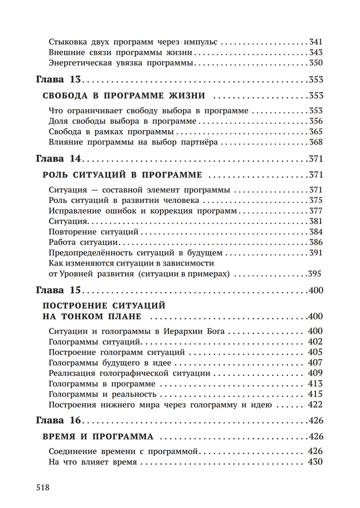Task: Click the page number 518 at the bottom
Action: click(42, 487)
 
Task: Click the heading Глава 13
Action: click(58, 80)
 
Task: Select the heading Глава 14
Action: click(58, 159)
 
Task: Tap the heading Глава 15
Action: click(58, 290)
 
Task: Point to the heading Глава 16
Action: click(58, 420)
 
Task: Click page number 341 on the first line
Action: click(316, 42)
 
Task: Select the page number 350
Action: click(316, 63)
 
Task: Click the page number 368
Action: click(316, 142)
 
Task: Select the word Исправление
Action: click(75, 211)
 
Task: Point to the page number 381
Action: click(316, 221)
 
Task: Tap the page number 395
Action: click(314, 274)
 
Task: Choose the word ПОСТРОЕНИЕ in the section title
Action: click(75, 306)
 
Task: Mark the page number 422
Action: click(315, 405)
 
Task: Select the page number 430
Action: click(315, 462)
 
